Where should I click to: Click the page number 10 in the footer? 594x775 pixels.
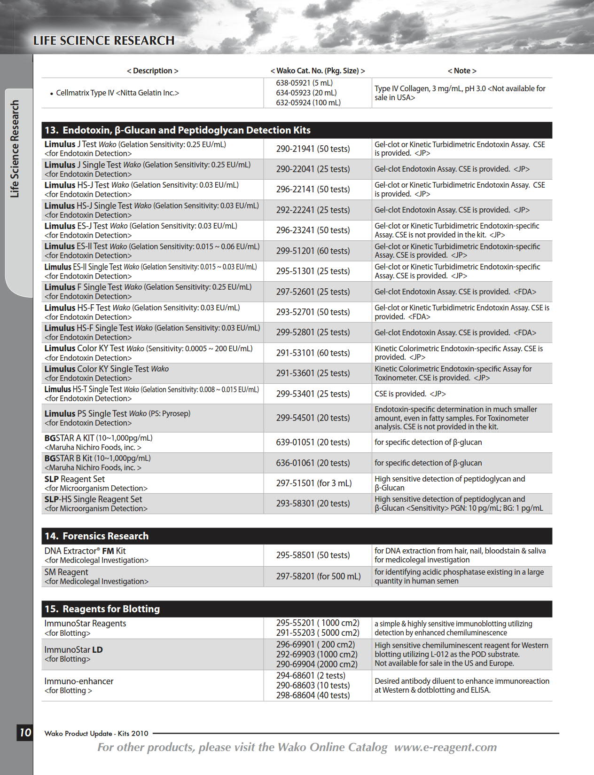pos(25,732)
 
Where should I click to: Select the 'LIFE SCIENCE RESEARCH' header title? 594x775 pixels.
pos(104,41)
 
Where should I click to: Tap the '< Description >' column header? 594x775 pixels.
pos(152,71)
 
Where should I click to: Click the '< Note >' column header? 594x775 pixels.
pos(461,71)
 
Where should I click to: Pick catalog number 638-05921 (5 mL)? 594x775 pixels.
pos(304,83)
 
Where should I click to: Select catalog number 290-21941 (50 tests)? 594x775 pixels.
pos(313,149)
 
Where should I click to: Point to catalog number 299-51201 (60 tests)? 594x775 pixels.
pos(313,251)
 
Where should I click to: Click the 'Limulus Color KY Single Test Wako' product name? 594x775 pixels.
pos(107,369)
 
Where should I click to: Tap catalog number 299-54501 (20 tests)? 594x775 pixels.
pos(313,418)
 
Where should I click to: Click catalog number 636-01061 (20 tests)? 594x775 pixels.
pos(313,463)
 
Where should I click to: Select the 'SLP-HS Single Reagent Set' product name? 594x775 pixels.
pos(93,499)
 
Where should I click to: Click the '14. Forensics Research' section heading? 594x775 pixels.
pos(96,536)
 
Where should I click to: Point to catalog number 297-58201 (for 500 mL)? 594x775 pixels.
pos(318,576)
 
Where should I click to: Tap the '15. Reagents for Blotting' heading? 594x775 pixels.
pos(102,609)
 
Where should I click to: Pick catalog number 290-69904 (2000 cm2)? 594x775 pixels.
pos(317,664)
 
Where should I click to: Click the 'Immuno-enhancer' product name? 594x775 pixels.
pos(79,681)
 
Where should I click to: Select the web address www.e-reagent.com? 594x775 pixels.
pos(445,747)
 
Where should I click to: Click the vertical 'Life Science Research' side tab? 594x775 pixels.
pos(16,149)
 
